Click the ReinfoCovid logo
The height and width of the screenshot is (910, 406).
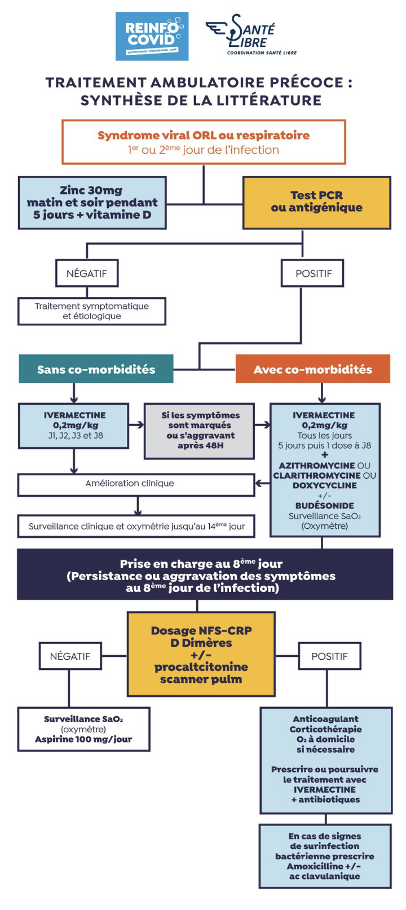[152, 36]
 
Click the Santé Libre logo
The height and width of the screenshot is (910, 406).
[251, 35]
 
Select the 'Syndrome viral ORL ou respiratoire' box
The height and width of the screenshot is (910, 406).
[203, 142]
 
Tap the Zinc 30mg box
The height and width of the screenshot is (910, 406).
[92, 202]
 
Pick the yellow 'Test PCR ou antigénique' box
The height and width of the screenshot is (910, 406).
[316, 202]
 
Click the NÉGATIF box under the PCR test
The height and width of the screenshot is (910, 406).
[86, 273]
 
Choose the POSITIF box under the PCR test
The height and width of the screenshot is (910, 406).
[313, 273]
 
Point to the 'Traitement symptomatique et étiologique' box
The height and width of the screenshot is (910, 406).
[91, 311]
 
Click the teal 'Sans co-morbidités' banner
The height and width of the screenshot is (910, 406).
[96, 369]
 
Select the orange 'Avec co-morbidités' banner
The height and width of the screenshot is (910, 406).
[312, 369]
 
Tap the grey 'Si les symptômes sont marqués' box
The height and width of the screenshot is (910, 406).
[200, 430]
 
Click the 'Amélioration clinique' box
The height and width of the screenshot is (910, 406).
[136, 484]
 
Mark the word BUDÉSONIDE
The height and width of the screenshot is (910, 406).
[324, 506]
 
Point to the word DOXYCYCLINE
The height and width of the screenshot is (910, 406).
[324, 485]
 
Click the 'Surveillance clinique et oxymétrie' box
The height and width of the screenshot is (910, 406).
[136, 526]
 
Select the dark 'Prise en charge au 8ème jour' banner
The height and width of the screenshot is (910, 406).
[204, 576]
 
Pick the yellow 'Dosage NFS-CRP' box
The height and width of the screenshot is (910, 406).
[201, 655]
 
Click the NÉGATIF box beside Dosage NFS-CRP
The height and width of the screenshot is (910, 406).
[69, 656]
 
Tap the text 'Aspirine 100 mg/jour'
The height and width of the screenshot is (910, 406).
[83, 739]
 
